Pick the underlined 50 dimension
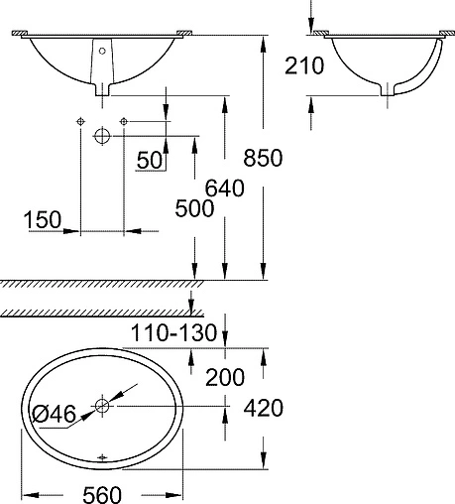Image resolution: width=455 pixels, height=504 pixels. (x=150, y=161)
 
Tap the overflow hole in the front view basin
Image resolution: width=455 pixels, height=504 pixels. (x=101, y=48)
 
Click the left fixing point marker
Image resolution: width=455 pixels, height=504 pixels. (x=78, y=121)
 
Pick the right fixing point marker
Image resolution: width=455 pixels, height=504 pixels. (x=123, y=121)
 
